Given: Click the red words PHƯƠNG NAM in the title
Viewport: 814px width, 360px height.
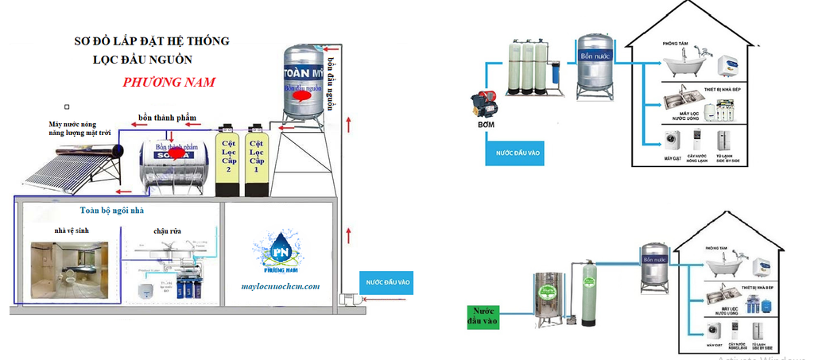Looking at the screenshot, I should pyautogui.click(x=169, y=82).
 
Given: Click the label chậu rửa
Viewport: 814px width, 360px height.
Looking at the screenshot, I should pyautogui.click(x=168, y=231).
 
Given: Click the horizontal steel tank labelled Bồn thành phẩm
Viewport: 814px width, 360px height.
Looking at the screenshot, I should pyautogui.click(x=174, y=165).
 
